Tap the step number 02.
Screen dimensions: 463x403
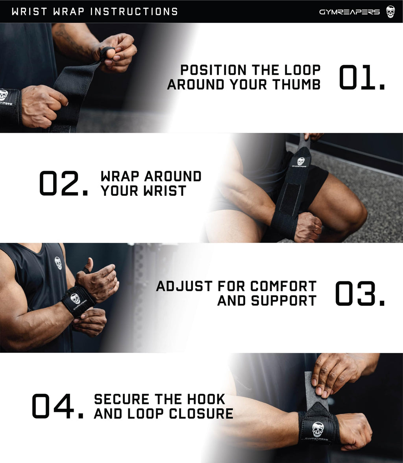tap(64, 184)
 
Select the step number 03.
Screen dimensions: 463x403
tap(360, 294)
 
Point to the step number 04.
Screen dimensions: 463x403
tap(57, 406)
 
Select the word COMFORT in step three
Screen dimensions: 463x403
tap(283, 286)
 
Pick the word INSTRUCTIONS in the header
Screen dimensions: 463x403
tap(134, 11)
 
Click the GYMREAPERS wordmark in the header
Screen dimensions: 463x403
tap(349, 12)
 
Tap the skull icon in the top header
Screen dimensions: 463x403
tap(390, 11)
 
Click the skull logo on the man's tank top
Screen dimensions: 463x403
tap(58, 263)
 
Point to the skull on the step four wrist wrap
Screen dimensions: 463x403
tap(318, 429)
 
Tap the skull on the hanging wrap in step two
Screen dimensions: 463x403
tap(301, 162)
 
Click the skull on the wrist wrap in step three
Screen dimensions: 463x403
tap(75, 299)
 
